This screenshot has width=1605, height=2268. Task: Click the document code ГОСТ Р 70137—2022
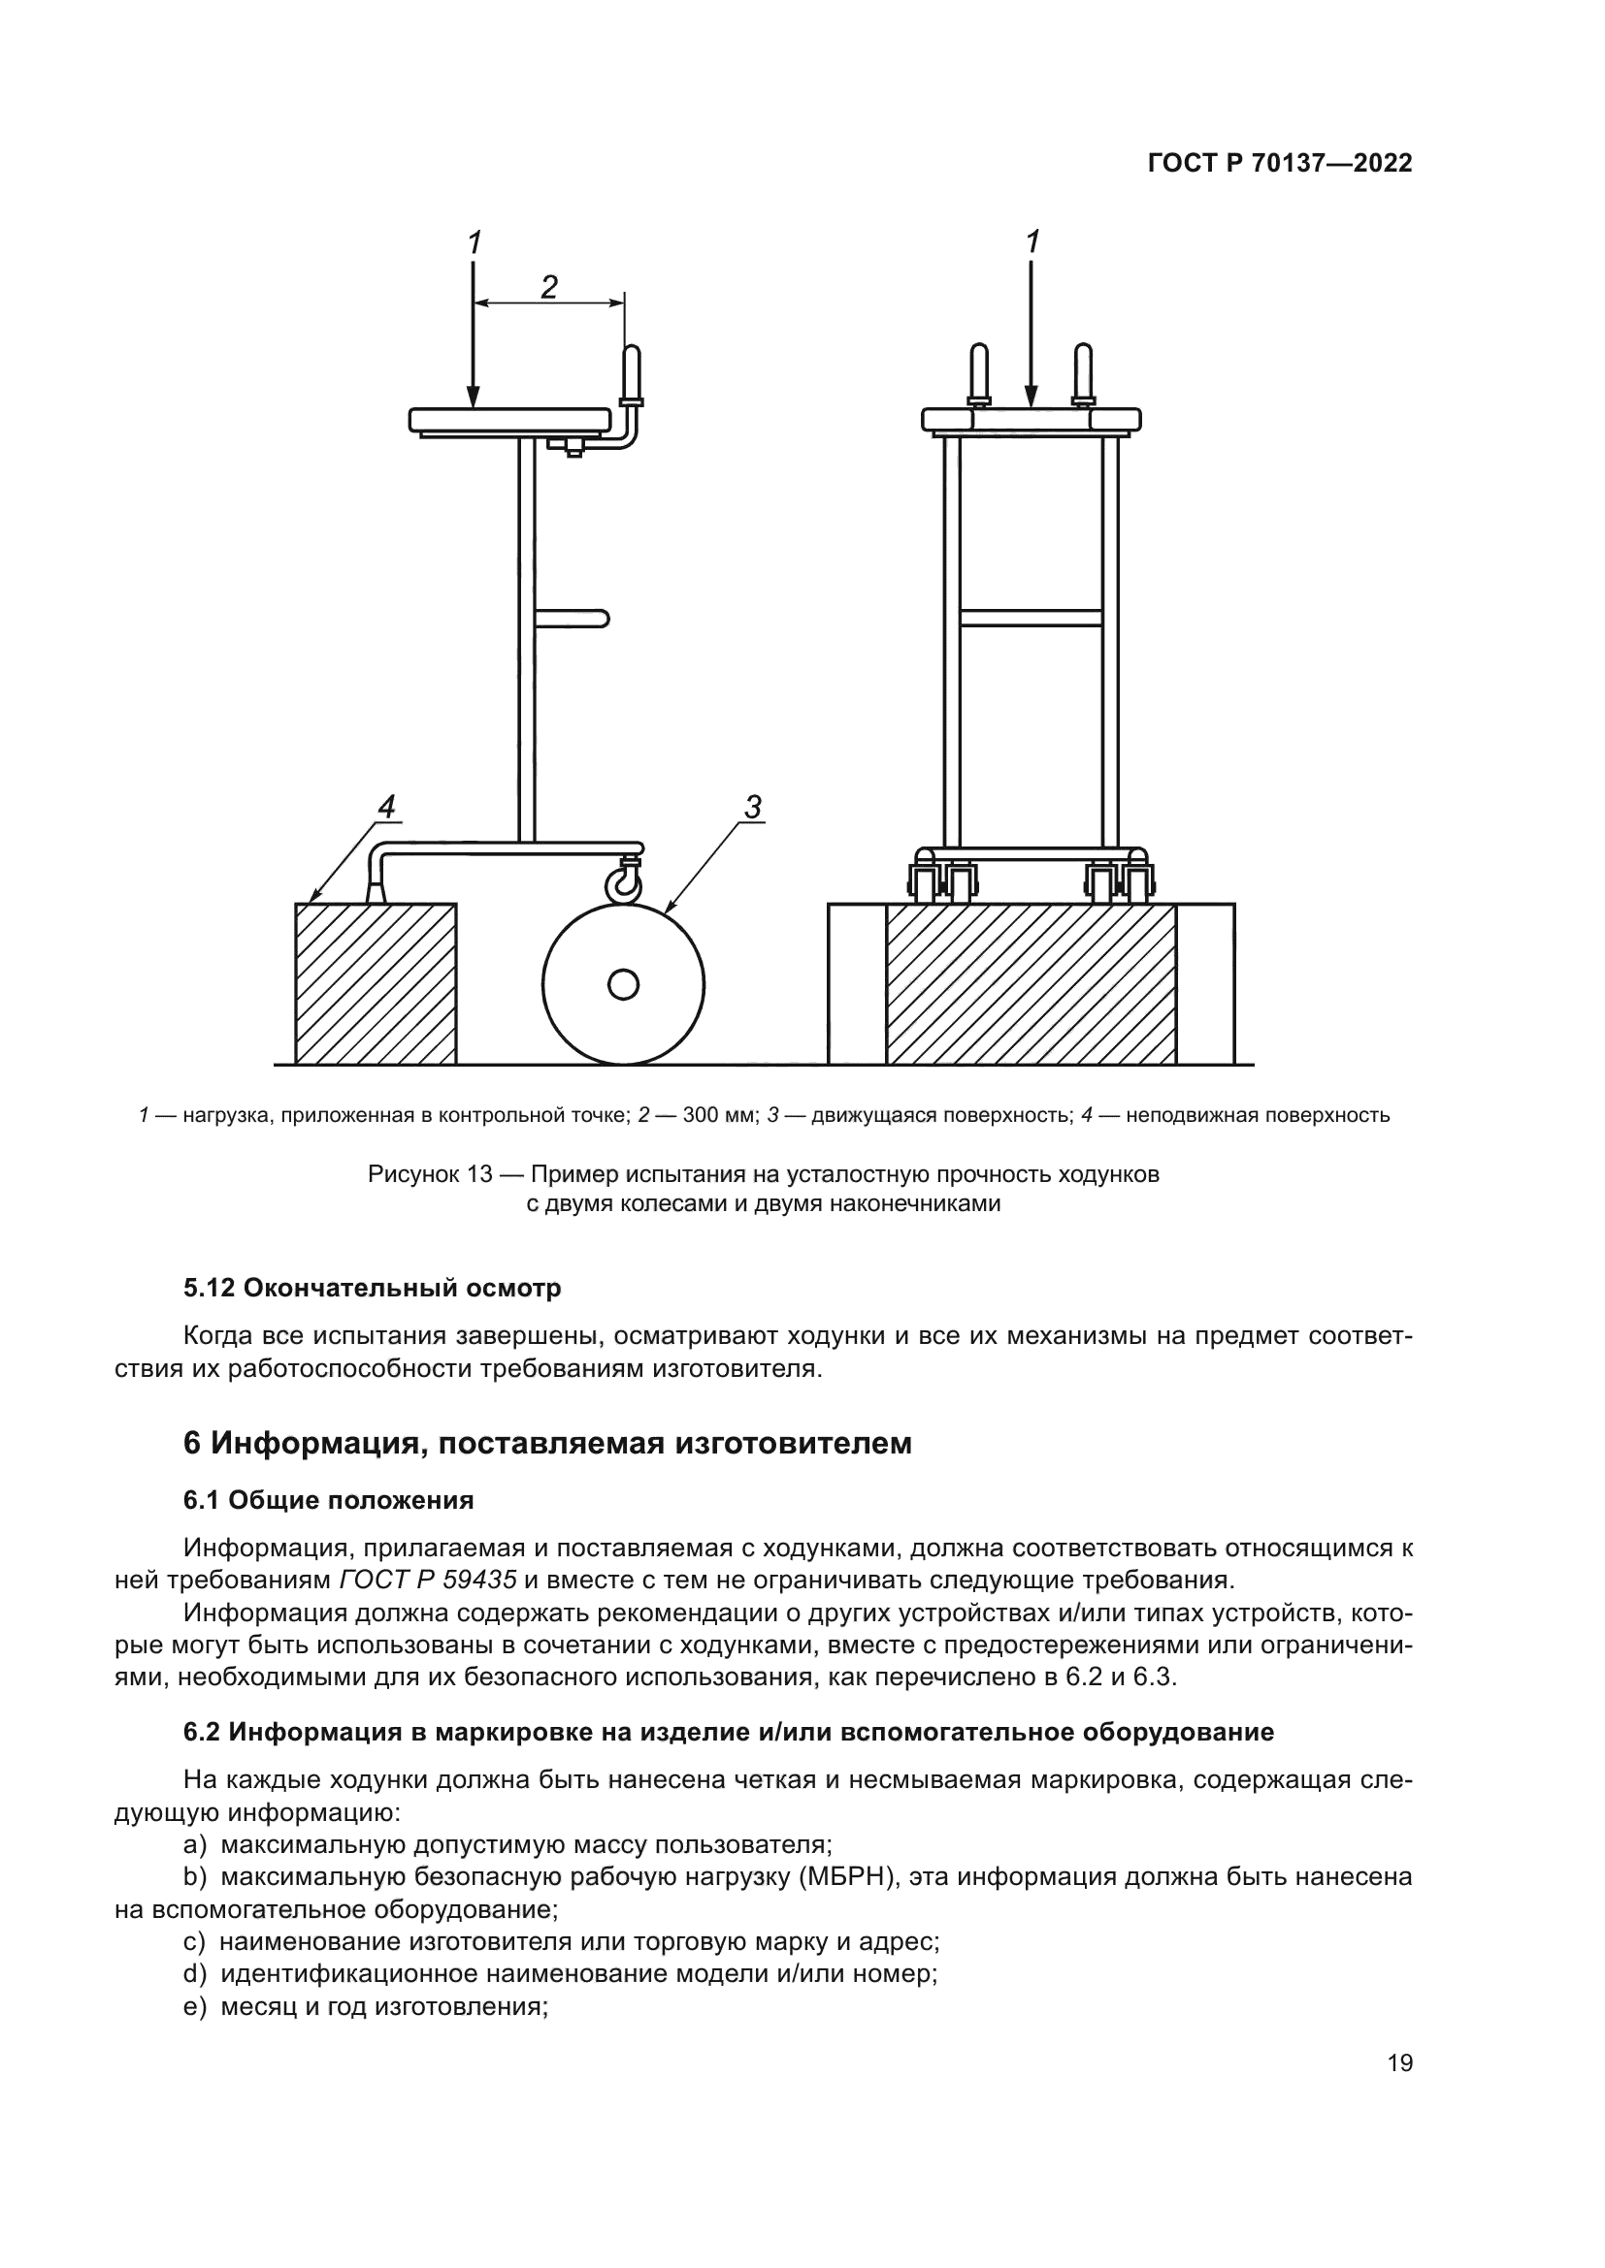1280,164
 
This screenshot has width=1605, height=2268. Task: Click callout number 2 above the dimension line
548,286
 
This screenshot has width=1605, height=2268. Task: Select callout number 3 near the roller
753,807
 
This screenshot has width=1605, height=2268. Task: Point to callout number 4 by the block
386,807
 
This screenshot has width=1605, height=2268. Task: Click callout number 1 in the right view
1032,241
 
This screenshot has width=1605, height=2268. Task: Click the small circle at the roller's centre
624,984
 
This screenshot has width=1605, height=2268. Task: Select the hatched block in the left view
376,984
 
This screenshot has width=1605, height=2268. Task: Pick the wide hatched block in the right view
1031,984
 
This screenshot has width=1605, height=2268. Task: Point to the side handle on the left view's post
573,620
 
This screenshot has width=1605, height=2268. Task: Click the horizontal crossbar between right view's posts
1031,619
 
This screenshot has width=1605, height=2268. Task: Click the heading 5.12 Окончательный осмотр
372,1288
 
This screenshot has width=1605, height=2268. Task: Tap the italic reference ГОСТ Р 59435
428,1580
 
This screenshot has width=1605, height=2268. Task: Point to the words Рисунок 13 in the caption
429,1174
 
